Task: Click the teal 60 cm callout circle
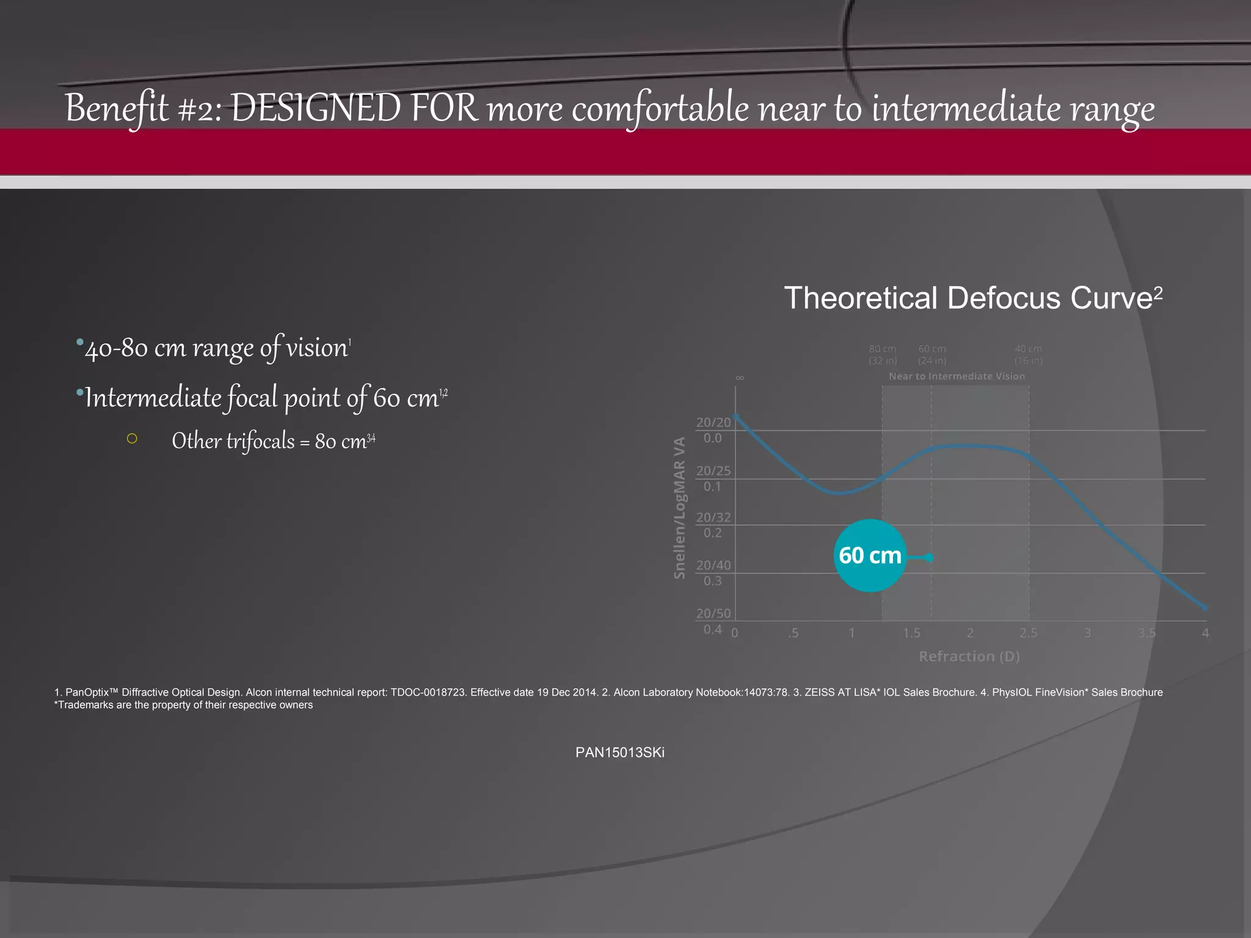click(x=870, y=556)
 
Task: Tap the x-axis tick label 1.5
click(x=911, y=633)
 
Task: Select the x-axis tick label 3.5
click(x=1147, y=633)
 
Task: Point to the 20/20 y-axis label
click(x=713, y=423)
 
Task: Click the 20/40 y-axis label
click(x=713, y=565)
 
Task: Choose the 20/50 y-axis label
click(x=713, y=614)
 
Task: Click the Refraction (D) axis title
click(x=969, y=656)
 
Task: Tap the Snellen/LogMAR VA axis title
click(x=679, y=508)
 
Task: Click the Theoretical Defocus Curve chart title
click(x=972, y=299)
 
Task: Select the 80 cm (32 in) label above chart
click(x=883, y=355)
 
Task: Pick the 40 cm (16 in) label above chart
click(x=1028, y=355)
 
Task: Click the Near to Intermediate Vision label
click(x=957, y=376)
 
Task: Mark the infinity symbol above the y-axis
click(x=740, y=378)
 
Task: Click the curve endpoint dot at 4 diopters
click(x=1205, y=608)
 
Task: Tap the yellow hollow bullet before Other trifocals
click(x=132, y=438)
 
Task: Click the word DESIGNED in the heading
click(x=316, y=108)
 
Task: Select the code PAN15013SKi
click(x=619, y=752)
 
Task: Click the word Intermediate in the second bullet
click(x=153, y=398)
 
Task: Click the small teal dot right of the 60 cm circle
click(x=929, y=558)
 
